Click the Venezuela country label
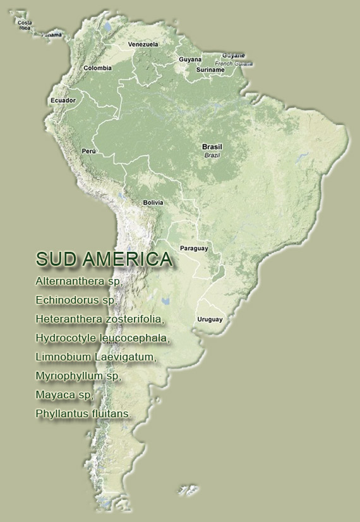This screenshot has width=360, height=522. (143, 45)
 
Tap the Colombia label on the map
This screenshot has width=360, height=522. (97, 68)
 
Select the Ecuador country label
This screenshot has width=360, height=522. (63, 100)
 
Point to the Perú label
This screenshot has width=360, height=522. (88, 151)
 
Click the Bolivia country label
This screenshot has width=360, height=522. (153, 203)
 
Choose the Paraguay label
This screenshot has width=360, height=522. (194, 248)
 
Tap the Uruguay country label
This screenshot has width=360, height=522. (210, 319)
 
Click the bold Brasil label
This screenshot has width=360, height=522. (212, 146)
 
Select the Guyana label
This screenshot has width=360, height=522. (190, 59)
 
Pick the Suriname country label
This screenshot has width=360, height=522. (210, 69)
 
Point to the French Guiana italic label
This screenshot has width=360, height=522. (234, 64)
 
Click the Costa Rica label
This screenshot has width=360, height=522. (25, 25)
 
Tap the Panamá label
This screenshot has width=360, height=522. (52, 35)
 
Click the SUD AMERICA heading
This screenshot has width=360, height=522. (104, 259)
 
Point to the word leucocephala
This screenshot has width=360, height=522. (135, 338)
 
